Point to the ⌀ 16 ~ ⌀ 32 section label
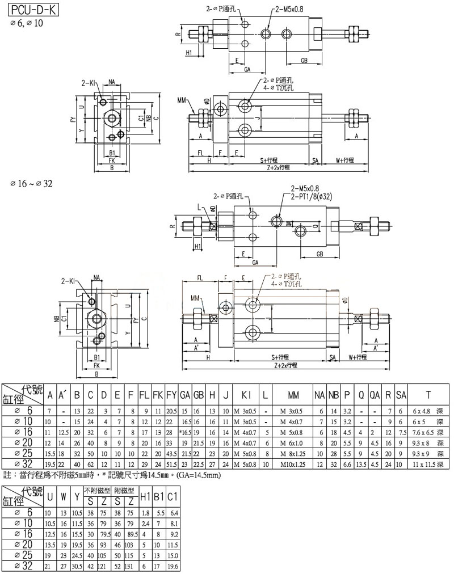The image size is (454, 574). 31,184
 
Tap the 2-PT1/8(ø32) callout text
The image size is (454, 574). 313,196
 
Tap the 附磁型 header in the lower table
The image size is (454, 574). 124,489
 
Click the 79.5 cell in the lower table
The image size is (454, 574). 104,534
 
